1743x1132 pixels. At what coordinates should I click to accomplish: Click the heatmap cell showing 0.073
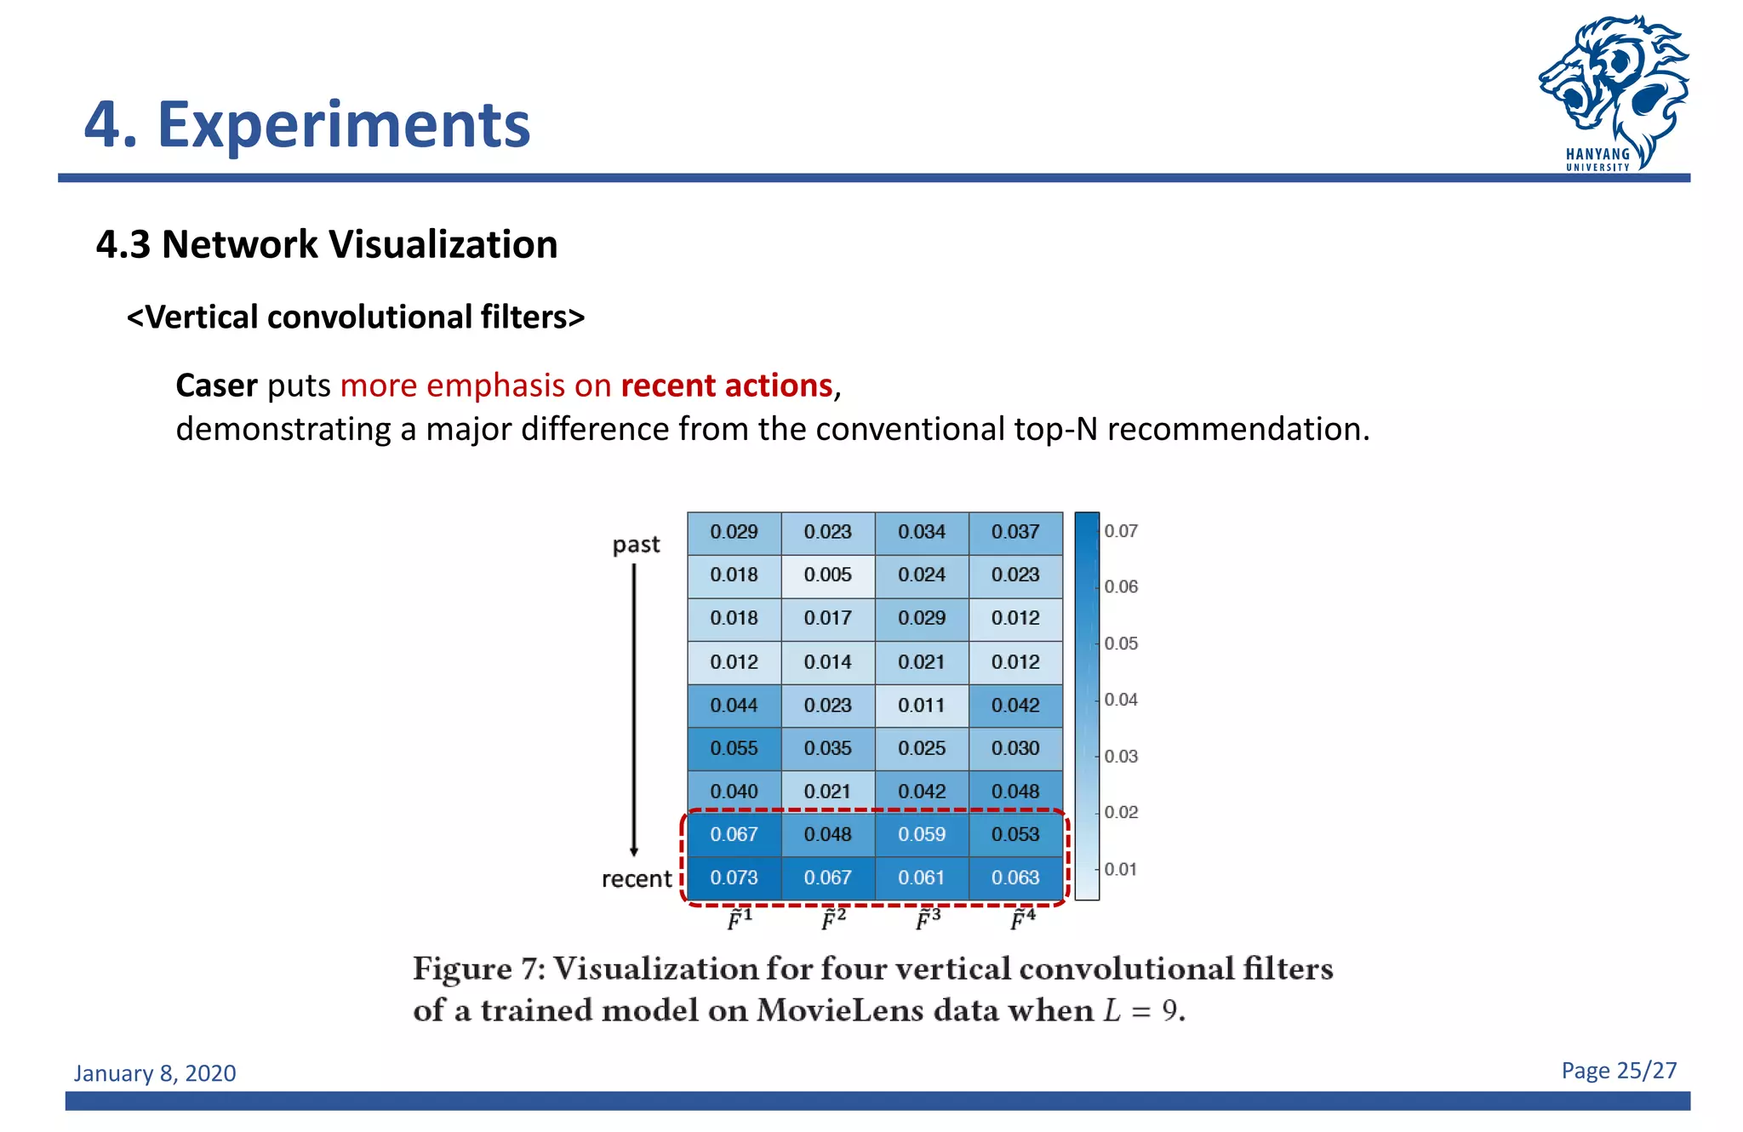click(734, 878)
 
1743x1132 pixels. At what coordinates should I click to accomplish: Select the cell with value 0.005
click(827, 575)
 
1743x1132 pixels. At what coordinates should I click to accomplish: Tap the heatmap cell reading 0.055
click(734, 748)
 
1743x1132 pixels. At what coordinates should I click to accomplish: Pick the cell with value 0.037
click(1015, 532)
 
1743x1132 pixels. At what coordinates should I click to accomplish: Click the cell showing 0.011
click(922, 706)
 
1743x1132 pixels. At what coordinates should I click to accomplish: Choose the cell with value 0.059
click(922, 834)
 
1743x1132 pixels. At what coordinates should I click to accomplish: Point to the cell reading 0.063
click(1015, 878)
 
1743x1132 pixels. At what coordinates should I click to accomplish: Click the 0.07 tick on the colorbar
click(1120, 531)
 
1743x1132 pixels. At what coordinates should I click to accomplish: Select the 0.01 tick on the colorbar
click(1120, 869)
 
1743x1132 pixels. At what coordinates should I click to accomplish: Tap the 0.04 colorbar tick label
click(1120, 700)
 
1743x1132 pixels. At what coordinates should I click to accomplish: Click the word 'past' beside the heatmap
click(636, 545)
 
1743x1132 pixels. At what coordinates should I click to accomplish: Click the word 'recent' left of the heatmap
click(636, 879)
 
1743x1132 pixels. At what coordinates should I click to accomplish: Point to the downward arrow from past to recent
click(634, 706)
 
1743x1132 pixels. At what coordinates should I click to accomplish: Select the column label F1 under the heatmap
click(740, 919)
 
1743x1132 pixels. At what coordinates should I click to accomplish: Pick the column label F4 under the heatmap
click(1022, 919)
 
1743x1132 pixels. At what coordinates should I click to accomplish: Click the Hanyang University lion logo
click(1613, 89)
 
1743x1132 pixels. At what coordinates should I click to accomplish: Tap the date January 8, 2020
click(155, 1073)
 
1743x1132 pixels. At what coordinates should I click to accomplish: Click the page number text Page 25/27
click(1619, 1071)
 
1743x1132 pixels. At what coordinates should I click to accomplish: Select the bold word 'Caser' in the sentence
click(216, 386)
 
